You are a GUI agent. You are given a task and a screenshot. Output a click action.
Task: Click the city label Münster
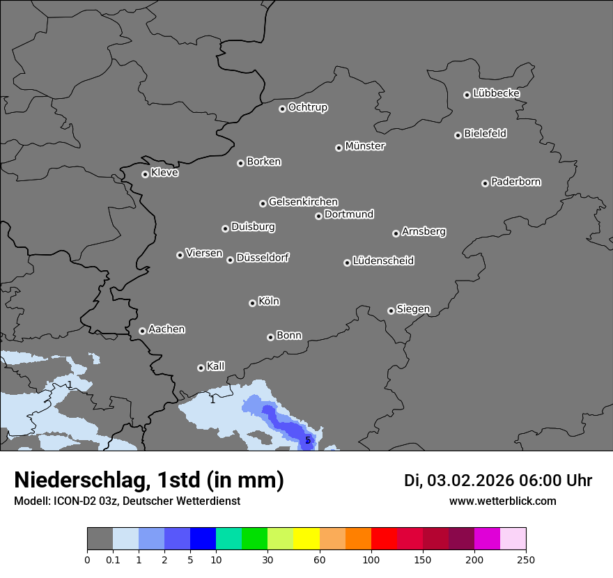click(365, 146)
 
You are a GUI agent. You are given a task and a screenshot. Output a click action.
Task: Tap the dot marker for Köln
click(252, 303)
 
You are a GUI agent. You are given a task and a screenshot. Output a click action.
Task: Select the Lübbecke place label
click(496, 93)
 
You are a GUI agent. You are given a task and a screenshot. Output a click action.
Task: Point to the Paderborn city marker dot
click(485, 183)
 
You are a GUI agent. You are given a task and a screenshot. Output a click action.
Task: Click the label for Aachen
click(166, 329)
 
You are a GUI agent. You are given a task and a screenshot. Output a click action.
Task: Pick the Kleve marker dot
click(145, 174)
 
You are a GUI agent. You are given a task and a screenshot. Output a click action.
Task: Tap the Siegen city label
click(413, 309)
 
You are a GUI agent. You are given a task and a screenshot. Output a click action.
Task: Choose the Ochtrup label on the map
click(308, 107)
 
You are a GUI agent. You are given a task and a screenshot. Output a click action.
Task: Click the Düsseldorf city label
click(263, 258)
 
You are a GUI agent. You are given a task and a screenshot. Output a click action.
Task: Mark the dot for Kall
click(201, 368)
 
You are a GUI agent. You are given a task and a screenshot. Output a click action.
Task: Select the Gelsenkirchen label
click(303, 202)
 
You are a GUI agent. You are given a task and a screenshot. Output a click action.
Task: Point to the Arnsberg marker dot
click(396, 233)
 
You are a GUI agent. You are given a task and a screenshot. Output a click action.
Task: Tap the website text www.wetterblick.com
click(502, 501)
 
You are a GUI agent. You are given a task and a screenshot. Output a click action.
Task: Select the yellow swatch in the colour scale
click(306, 539)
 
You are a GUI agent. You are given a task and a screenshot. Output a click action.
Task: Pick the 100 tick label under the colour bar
click(371, 559)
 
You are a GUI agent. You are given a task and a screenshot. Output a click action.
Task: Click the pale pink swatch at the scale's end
click(513, 539)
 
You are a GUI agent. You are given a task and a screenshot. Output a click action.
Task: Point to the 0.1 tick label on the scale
click(113, 559)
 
